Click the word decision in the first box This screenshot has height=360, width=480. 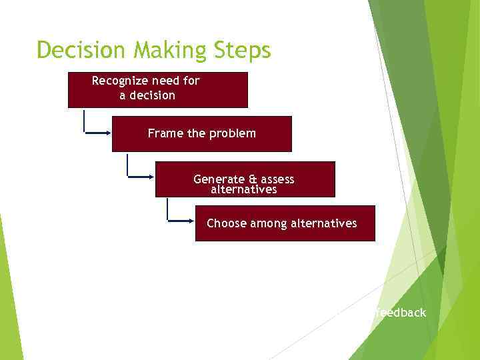(x=153, y=95)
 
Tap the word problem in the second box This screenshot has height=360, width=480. (x=233, y=133)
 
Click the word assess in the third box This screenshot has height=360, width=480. (x=278, y=179)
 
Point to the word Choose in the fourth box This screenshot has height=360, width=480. (x=227, y=223)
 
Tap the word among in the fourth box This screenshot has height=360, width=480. (x=269, y=223)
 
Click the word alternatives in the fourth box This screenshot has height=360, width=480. (x=324, y=223)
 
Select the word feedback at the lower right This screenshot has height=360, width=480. (x=400, y=313)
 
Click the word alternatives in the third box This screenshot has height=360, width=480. (x=243, y=189)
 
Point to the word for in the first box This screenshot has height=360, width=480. (x=191, y=81)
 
